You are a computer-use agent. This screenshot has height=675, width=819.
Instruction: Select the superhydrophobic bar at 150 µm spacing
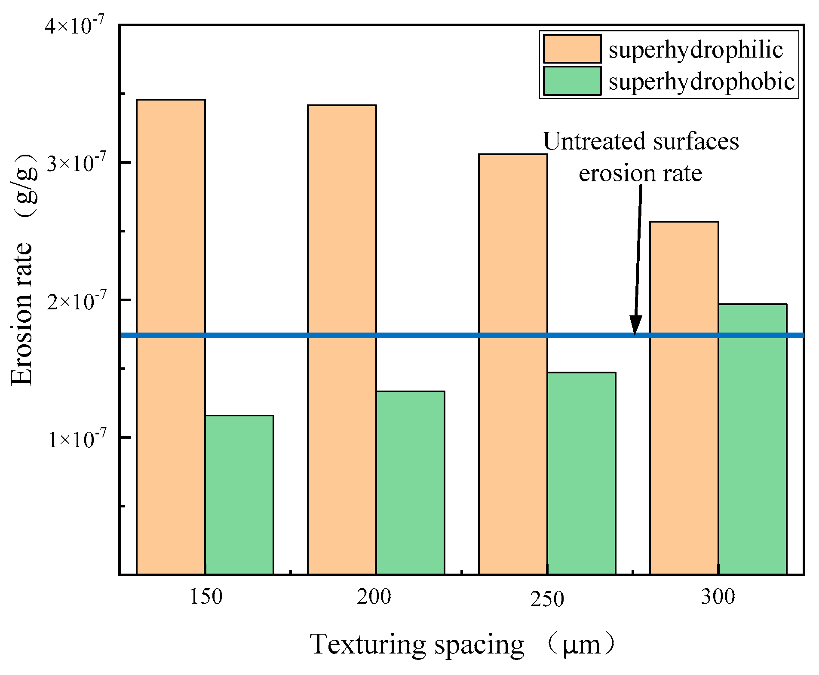coord(239,495)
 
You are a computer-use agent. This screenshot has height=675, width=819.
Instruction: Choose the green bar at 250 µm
coord(581,473)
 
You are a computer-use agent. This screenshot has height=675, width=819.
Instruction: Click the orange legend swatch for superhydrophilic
coord(572,49)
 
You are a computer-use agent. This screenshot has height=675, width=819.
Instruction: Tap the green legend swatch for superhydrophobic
coord(572,81)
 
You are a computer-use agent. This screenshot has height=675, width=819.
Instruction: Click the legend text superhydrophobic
coord(701,82)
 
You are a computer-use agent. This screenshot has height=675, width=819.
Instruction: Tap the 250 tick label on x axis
coord(547,599)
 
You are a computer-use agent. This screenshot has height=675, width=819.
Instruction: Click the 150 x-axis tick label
coord(206,597)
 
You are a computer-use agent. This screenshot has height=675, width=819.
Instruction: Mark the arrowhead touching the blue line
coord(635,325)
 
